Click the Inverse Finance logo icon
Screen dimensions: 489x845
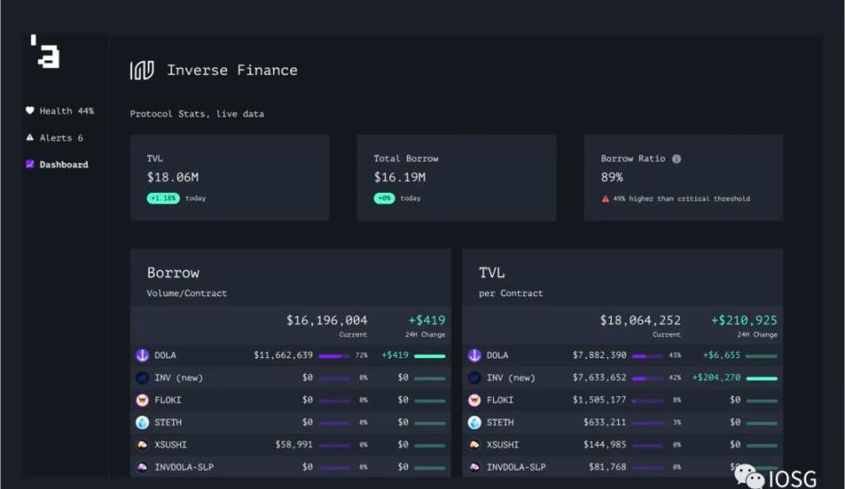[x=142, y=70]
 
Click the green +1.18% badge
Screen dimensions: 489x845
[x=163, y=198]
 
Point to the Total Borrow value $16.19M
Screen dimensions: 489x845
[x=399, y=177]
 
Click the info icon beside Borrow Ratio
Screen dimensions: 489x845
[x=676, y=159]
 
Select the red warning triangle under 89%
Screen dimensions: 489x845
[x=605, y=199]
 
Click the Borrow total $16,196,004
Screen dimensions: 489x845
[x=326, y=320]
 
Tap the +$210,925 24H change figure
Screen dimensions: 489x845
[x=743, y=320]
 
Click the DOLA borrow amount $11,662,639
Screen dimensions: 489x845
[x=283, y=355]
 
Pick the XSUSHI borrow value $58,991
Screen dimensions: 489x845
[x=294, y=445]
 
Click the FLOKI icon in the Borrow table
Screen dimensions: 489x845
[x=143, y=400]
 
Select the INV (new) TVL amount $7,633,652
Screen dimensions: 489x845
[x=599, y=378]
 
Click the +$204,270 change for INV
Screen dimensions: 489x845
[x=716, y=378]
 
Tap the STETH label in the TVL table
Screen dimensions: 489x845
[x=500, y=423]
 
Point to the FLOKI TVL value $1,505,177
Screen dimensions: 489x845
[x=599, y=400]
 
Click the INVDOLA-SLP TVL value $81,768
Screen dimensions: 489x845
[x=607, y=467]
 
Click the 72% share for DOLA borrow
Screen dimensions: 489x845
[x=362, y=355]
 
